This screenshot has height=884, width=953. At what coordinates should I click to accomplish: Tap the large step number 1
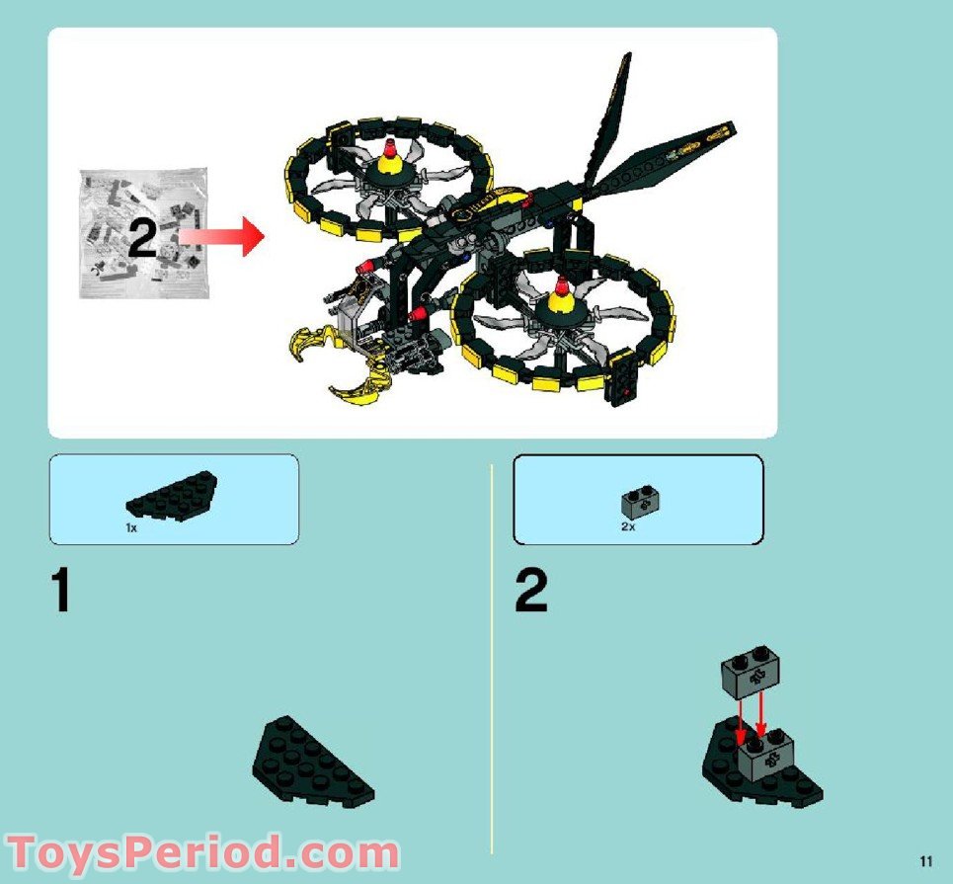click(x=61, y=592)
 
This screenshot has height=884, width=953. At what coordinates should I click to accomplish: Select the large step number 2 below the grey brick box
click(x=530, y=592)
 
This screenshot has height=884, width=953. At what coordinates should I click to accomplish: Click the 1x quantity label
click(x=130, y=528)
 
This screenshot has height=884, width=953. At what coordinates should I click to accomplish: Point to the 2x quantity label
click(x=628, y=527)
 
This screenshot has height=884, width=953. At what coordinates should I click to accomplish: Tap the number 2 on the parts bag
click(x=142, y=239)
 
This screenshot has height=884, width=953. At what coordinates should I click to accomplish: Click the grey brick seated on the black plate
click(x=766, y=756)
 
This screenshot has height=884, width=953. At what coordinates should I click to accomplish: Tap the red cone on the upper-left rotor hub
click(x=388, y=149)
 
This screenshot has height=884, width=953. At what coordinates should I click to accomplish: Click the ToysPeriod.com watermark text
click(x=202, y=851)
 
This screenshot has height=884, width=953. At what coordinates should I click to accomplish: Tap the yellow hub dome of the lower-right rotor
click(x=563, y=303)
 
